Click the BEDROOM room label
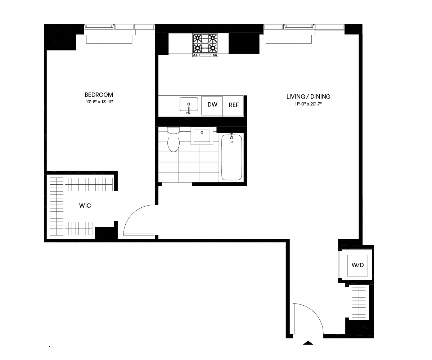tap(99, 95)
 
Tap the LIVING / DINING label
tap(308, 96)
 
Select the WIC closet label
tap(85, 206)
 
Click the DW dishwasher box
tap(212, 105)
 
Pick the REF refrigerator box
tap(234, 105)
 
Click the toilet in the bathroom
tap(174, 140)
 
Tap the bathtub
tap(232, 157)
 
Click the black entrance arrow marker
tap(308, 343)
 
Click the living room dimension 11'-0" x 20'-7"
tap(308, 104)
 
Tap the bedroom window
tap(109, 27)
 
